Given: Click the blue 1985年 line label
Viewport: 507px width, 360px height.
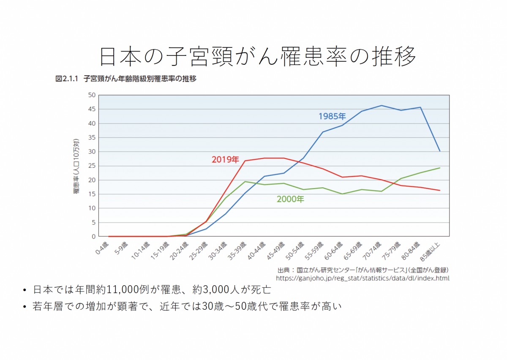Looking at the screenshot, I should pos(332,116).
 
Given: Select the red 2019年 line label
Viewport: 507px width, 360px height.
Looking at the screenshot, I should pos(225,160).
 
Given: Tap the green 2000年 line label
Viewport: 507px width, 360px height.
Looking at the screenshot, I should pos(290,199).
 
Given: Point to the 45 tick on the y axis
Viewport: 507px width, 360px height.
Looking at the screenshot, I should pos(92,109).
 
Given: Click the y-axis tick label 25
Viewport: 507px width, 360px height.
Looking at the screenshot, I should pos(92,166).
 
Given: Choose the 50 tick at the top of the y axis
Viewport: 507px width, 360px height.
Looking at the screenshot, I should pos(92,95).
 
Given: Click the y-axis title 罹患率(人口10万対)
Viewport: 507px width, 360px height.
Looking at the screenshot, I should pos(76,166).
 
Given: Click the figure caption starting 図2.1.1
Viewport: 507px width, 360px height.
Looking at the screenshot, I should pos(126,79).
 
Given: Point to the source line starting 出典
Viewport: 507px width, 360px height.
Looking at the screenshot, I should pos(363,270).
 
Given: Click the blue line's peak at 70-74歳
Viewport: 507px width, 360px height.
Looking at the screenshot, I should pos(381,106).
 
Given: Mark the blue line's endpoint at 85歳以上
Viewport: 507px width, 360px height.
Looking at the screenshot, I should pos(440,151).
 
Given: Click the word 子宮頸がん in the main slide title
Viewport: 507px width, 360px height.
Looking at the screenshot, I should pos(239,56).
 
